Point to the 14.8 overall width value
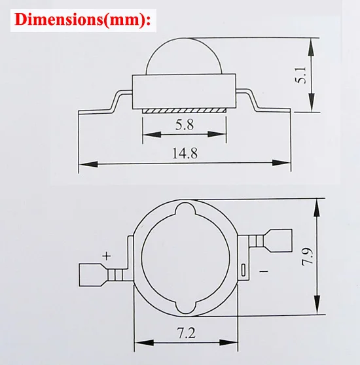[185, 154]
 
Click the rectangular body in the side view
[184, 92]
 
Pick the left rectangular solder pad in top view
[92, 274]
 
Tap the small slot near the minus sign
[243, 269]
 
